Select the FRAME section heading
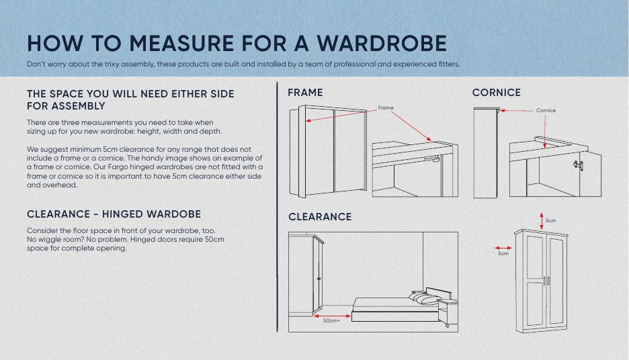pos(305,93)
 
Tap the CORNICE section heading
pos(496,93)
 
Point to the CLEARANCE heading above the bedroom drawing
pos(320,217)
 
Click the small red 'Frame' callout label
pos(386,108)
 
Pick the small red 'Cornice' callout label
pos(546,110)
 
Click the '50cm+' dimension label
pos(332,321)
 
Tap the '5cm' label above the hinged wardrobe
pos(550,220)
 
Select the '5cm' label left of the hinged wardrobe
pos(503,253)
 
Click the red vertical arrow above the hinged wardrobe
pos(541,221)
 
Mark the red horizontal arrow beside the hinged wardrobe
pos(503,248)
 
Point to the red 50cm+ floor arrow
pos(332,316)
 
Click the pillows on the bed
pos(424,298)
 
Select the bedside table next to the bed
pos(448,312)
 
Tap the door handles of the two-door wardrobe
pos(546,281)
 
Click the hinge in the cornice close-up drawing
pos(579,165)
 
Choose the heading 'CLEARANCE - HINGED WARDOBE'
pos(114,214)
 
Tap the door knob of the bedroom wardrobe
pos(319,278)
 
